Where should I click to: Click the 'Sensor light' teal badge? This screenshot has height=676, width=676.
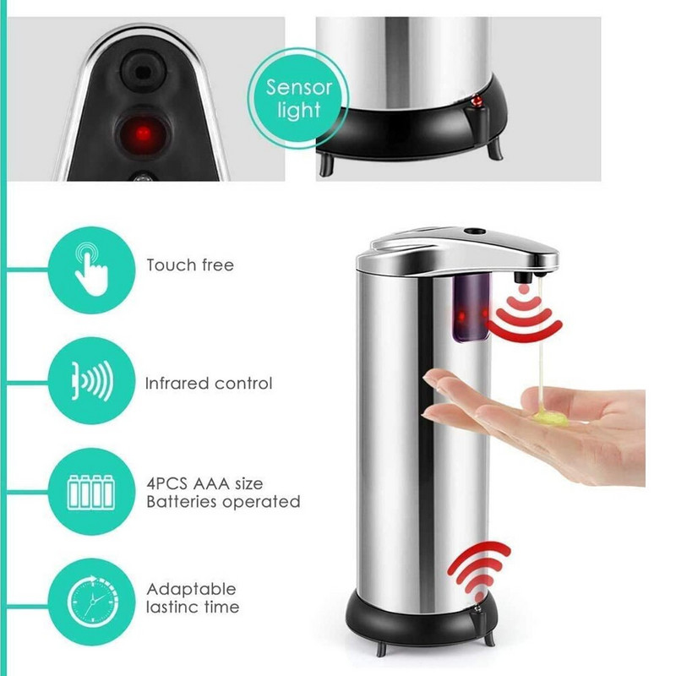coord(298,98)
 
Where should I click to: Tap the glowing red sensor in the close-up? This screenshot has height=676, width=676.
coord(142,134)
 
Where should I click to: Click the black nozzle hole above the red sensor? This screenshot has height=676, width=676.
coord(141,70)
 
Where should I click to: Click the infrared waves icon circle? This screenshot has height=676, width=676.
coord(91,381)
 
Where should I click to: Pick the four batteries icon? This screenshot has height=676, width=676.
coord(91,493)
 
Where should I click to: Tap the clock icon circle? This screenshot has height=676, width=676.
coord(91,602)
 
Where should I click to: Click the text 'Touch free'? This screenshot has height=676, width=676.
coord(190,264)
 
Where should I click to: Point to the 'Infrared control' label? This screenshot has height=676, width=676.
coord(209,384)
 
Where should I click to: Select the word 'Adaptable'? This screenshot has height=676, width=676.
coord(192,589)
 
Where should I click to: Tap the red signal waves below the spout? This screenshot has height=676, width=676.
coord(524,315)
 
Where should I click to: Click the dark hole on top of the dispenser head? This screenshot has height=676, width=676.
coord(475,232)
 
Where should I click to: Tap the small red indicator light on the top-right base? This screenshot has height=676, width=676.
coord(477,101)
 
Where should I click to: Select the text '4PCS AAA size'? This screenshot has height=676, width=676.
coord(204,483)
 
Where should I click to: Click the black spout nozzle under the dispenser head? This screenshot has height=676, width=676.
coord(521,275)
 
